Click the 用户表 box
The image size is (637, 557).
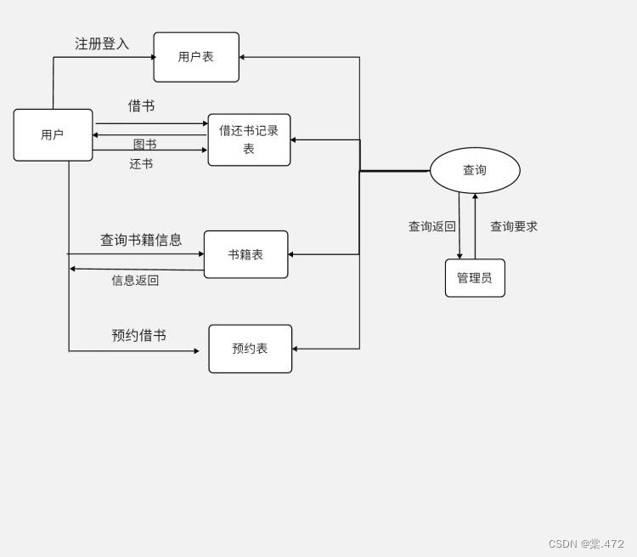pos(196,57)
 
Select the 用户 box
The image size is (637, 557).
pos(53,134)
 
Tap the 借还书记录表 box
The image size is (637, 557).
pos(249,139)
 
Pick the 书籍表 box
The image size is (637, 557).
pos(245,254)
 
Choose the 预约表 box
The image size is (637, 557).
pos(250,349)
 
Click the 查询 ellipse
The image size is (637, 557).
pos(475,170)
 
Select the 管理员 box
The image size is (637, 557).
pos(475,278)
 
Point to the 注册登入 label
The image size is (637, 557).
pos(102,43)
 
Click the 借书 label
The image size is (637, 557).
pos(141,105)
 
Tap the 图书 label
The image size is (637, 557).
pos(144,145)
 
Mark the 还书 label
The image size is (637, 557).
pos(141,164)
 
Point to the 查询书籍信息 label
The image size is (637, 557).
pos(141,240)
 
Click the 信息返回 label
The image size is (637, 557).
pos(135,280)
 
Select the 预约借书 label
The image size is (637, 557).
pos(138,335)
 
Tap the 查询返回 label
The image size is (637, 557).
pos(432,226)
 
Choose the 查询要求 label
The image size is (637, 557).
pos(514,226)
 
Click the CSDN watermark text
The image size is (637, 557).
pos(586,543)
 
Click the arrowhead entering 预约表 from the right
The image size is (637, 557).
pos(296,349)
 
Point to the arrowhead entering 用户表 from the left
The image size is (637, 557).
pos(154,57)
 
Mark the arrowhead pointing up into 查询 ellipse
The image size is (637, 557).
pos(475,196)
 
